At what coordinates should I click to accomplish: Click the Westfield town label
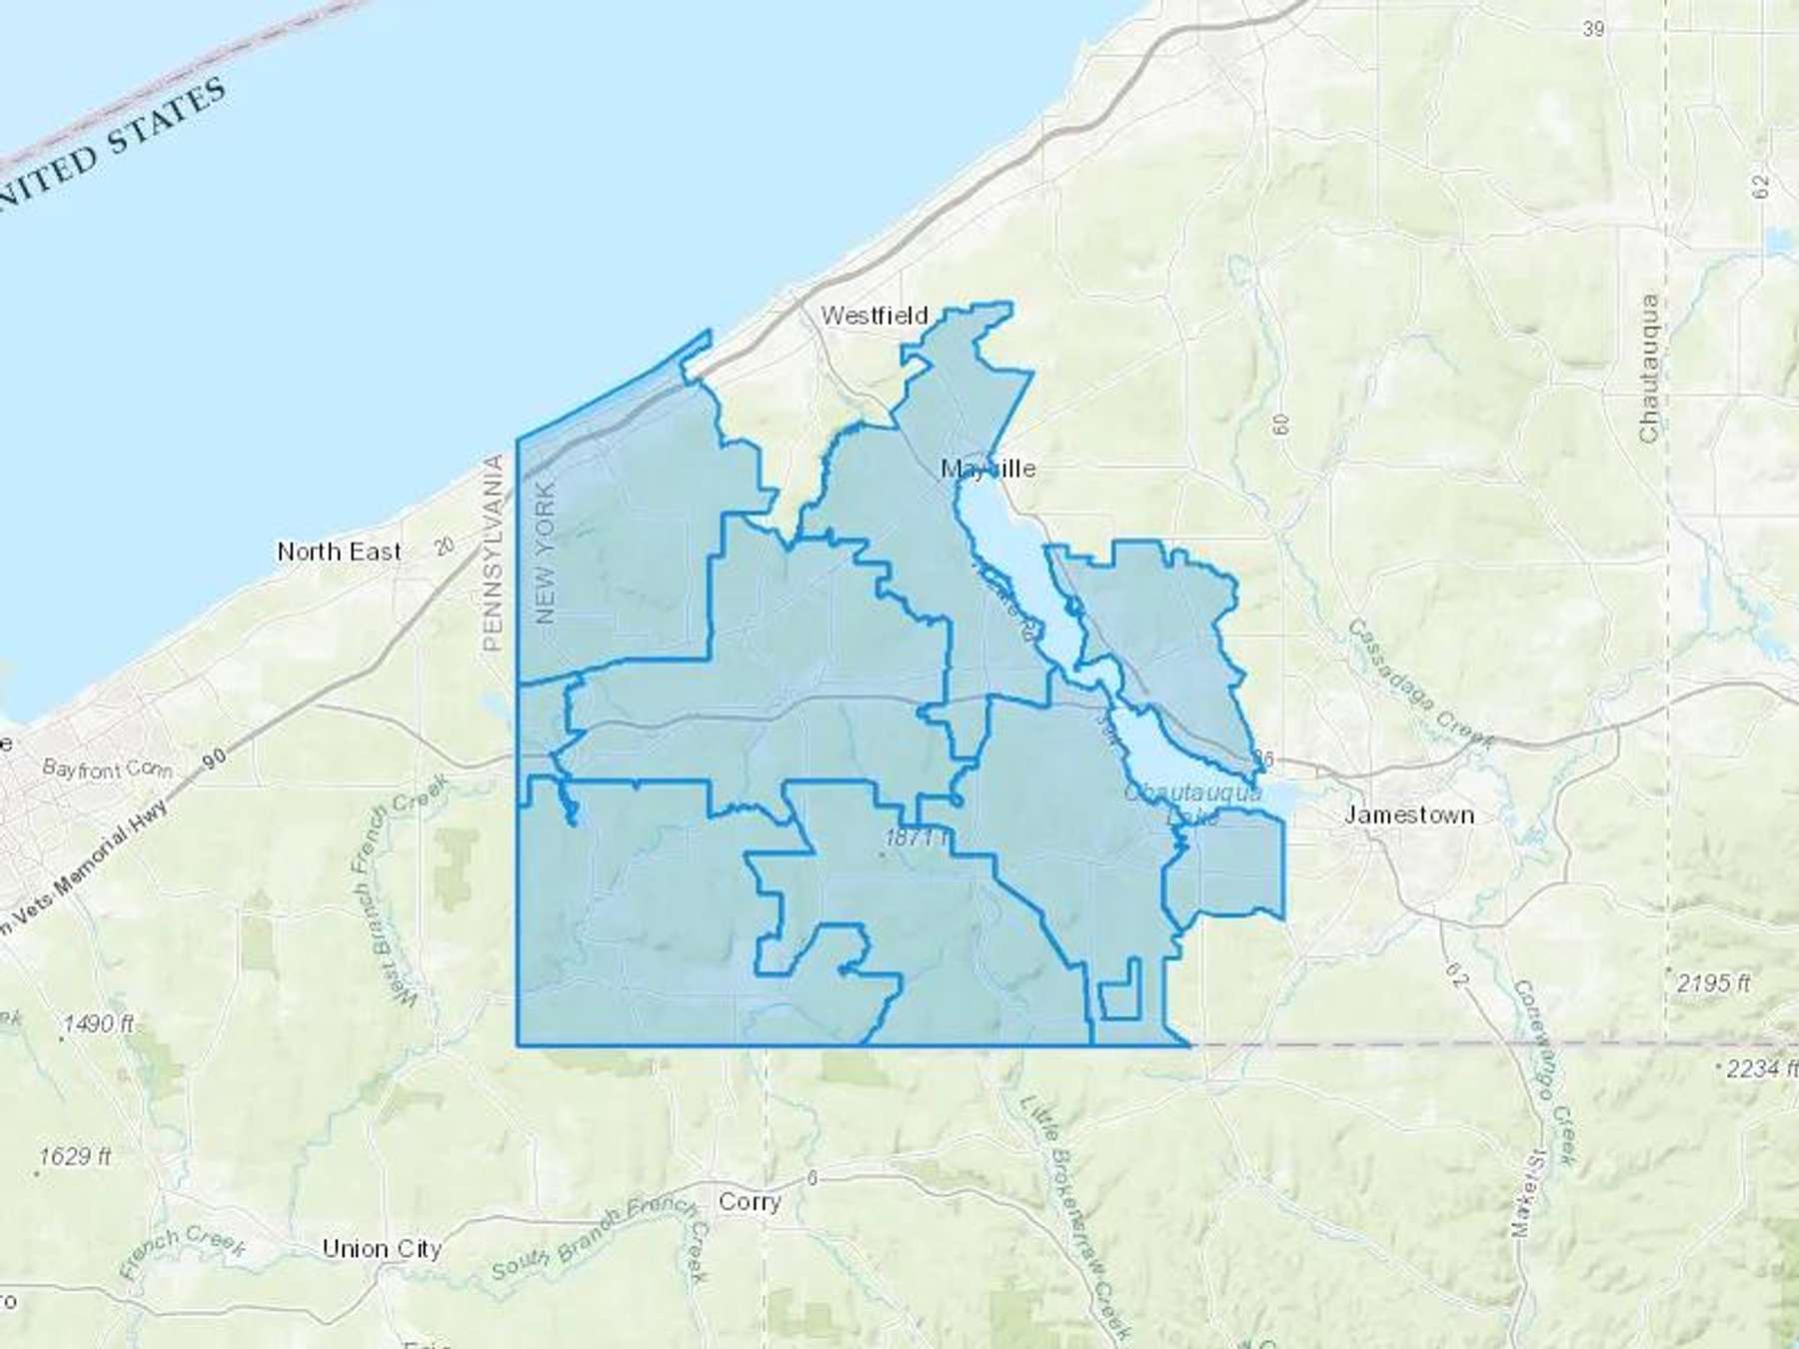point(875,316)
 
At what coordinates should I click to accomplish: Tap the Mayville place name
point(988,469)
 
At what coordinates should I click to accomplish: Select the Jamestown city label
point(1408,814)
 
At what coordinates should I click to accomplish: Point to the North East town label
point(339,552)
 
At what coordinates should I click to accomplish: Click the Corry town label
point(750,1201)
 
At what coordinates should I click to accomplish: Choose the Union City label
point(382,1249)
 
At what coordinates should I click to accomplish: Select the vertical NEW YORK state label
point(546,554)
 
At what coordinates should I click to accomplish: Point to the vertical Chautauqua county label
point(1648,369)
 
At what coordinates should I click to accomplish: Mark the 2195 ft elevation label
point(1713,982)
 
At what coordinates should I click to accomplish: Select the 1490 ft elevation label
point(98,1024)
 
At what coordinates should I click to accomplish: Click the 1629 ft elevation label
point(75,1157)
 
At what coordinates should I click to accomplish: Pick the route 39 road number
point(1593,29)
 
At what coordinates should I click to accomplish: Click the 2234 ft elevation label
point(1761,1068)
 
